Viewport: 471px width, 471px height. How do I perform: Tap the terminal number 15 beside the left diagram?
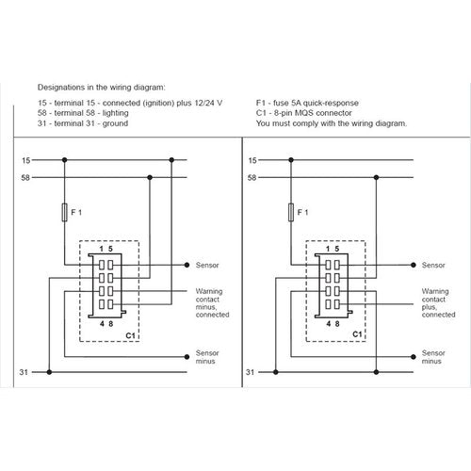25,159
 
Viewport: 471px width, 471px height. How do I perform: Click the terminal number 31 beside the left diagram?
25,373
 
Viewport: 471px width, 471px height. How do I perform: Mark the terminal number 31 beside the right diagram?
250,373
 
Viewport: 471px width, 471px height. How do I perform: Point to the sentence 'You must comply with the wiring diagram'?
331,123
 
